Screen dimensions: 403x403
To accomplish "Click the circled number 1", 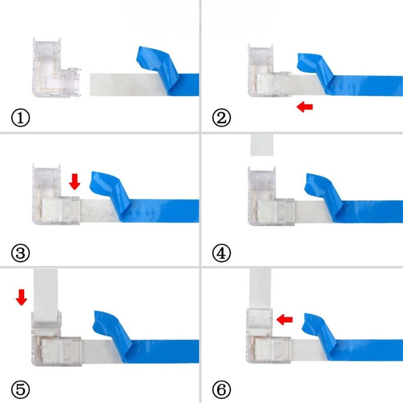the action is (x=21, y=118).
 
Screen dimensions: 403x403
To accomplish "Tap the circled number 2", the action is (x=221, y=118).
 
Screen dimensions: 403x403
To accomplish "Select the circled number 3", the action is (x=21, y=253).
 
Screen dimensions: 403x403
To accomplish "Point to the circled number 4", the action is (x=221, y=253).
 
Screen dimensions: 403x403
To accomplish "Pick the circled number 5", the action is (x=21, y=389).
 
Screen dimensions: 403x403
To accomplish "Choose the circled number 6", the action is (x=221, y=389).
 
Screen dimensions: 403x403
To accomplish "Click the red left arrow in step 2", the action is (x=305, y=107).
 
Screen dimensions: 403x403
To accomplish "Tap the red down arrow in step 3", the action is (x=75, y=182).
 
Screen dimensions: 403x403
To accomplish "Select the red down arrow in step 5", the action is (x=21, y=297).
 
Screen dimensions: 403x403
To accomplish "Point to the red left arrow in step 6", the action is (x=285, y=319).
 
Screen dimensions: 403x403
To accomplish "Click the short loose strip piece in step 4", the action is (x=262, y=145).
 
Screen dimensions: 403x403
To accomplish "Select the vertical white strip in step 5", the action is (x=46, y=296).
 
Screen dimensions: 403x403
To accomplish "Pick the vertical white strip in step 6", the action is (x=260, y=288).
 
